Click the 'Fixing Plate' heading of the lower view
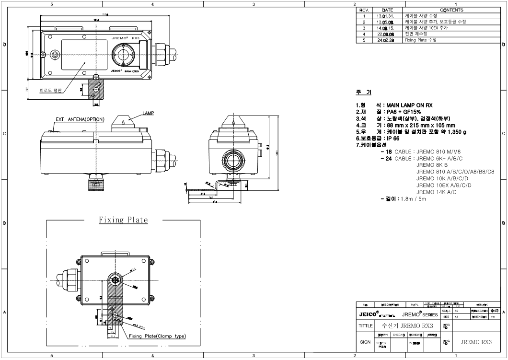click(123, 220)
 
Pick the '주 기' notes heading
click(363, 92)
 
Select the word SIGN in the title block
click(365, 343)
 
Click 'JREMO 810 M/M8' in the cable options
click(442, 151)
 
